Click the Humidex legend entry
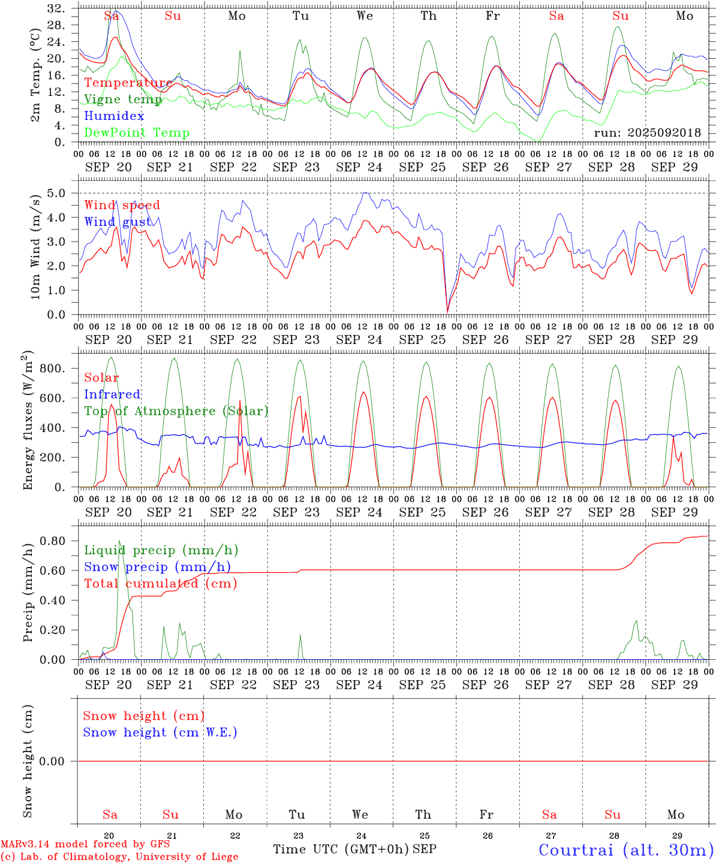tap(114, 116)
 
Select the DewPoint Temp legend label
tap(137, 133)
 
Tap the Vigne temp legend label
tap(123, 99)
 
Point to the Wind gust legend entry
tap(118, 222)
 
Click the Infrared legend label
tap(112, 394)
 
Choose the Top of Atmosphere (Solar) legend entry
tap(176, 411)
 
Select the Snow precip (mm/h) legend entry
tap(157, 567)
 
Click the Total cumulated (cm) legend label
tap(160, 584)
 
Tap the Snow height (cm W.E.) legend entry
tap(160, 732)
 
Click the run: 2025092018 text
tap(647, 133)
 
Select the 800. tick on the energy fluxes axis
tap(52, 368)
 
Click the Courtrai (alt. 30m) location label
tap(625, 850)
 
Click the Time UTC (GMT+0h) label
tap(341, 849)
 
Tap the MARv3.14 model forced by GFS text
tap(85, 844)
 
